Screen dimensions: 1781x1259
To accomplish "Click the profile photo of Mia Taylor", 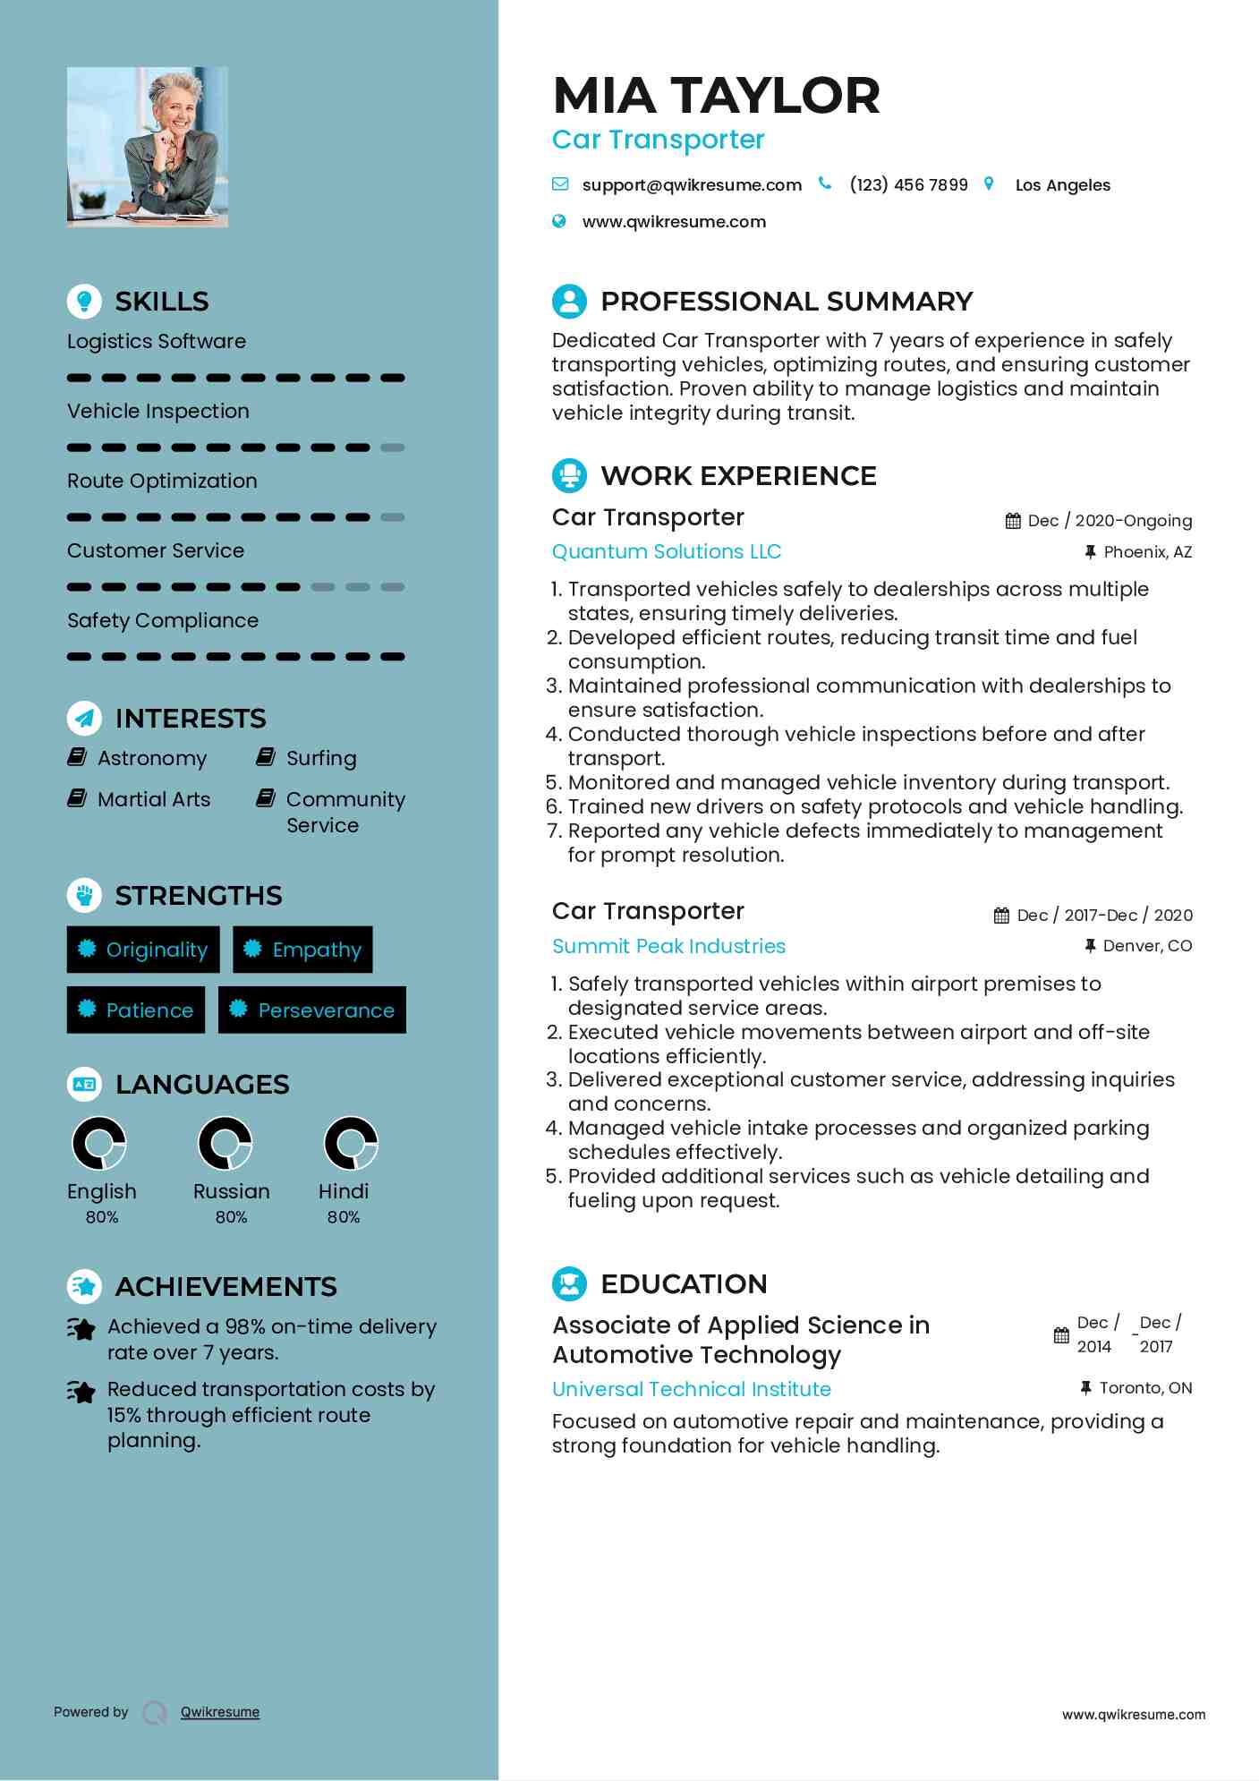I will click(148, 147).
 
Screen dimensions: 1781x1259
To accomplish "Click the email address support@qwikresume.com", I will click(691, 185).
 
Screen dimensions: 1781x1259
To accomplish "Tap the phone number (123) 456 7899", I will click(908, 185).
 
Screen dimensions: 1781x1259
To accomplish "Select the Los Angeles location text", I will click(1062, 185).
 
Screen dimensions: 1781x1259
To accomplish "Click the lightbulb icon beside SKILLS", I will click(84, 301).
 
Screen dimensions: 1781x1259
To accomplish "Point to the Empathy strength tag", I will click(303, 950).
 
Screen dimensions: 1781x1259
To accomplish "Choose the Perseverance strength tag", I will click(312, 1010).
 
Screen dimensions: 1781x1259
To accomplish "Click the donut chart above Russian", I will click(225, 1143).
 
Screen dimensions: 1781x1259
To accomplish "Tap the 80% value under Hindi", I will click(344, 1217).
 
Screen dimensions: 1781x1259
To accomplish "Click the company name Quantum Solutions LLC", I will click(667, 551).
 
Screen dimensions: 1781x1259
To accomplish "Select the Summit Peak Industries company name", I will click(668, 946).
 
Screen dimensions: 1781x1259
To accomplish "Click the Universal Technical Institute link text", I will click(692, 1389).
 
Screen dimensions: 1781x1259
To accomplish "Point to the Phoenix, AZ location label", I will click(1147, 552).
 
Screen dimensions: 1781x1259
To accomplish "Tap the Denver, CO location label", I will click(1147, 946).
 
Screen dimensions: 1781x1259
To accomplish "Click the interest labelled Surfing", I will click(321, 759).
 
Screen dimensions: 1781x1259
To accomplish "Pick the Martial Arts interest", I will click(154, 799).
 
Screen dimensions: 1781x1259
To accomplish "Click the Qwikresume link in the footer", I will click(220, 1712).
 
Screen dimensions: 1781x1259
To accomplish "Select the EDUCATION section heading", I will click(684, 1283).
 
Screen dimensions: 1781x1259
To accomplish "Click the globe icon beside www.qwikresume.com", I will click(559, 222).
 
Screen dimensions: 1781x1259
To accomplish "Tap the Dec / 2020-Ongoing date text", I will click(1110, 521).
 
